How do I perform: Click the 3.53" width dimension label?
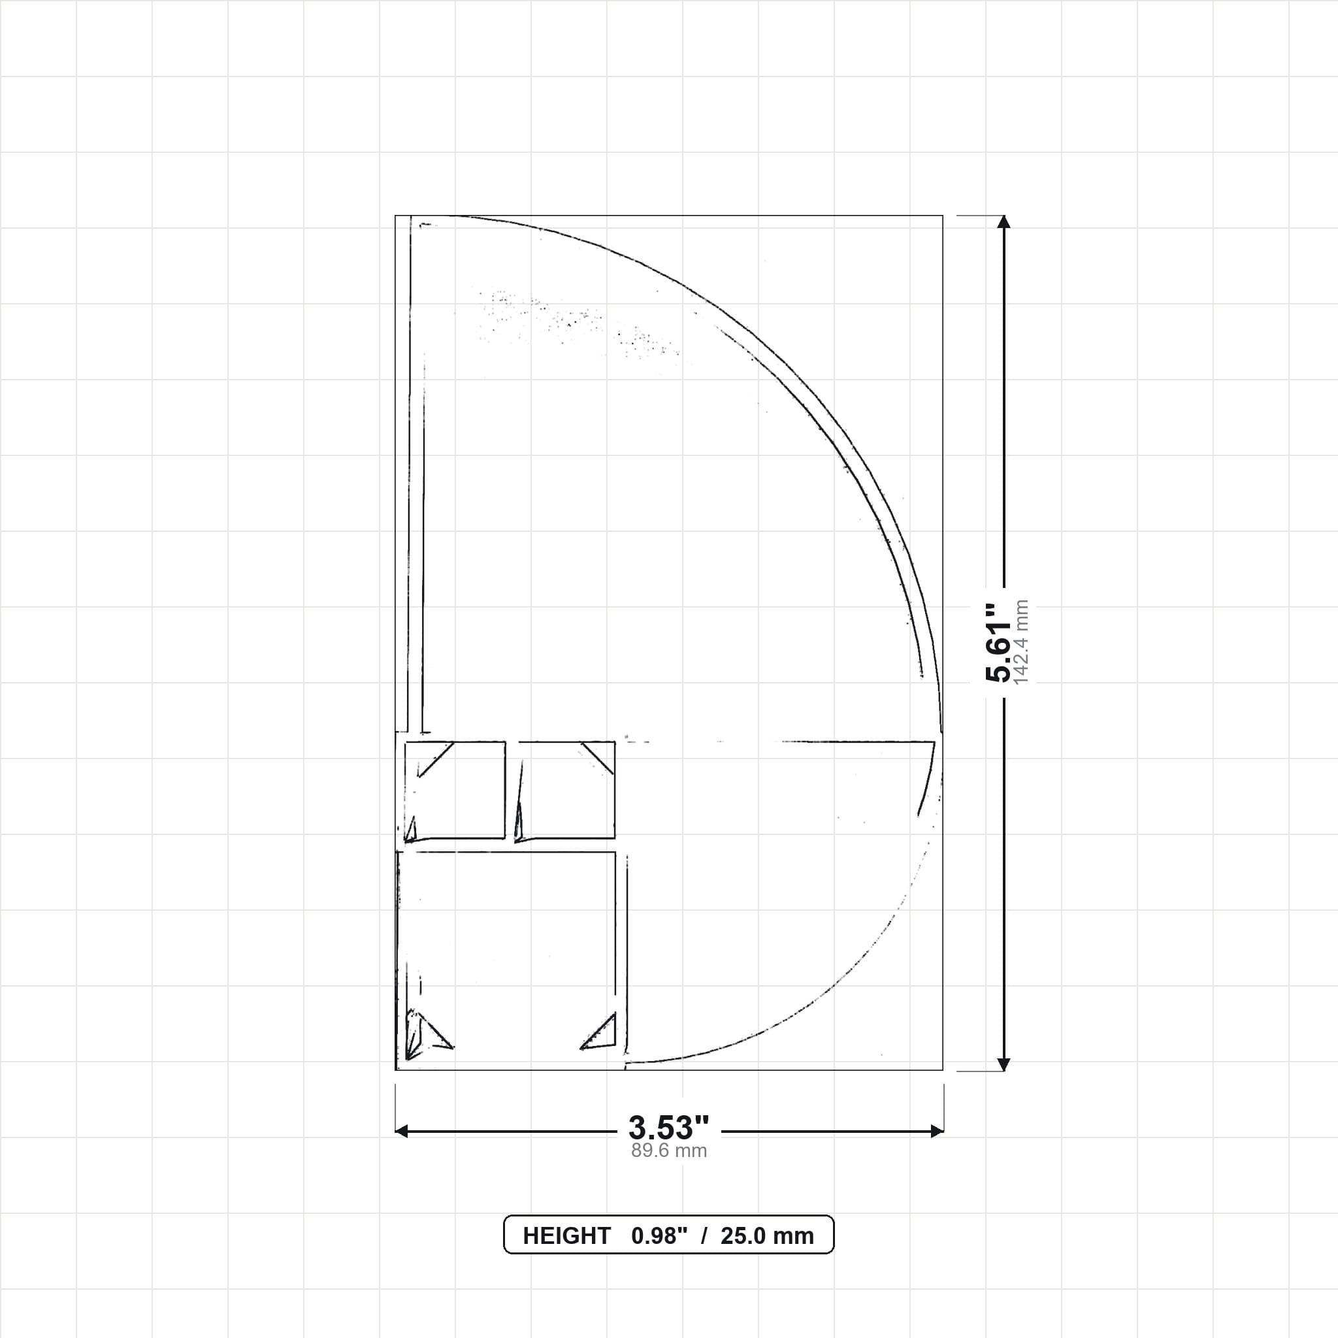pos(668,1128)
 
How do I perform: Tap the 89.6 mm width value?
pos(668,1151)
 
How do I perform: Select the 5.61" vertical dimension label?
pos(999,643)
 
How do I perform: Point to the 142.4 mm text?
pos(1022,643)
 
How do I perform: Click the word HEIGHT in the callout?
pos(566,1235)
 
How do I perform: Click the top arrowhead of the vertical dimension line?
pos(1003,221)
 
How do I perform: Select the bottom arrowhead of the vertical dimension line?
pos(1003,1064)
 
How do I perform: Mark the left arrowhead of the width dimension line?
pos(401,1131)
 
